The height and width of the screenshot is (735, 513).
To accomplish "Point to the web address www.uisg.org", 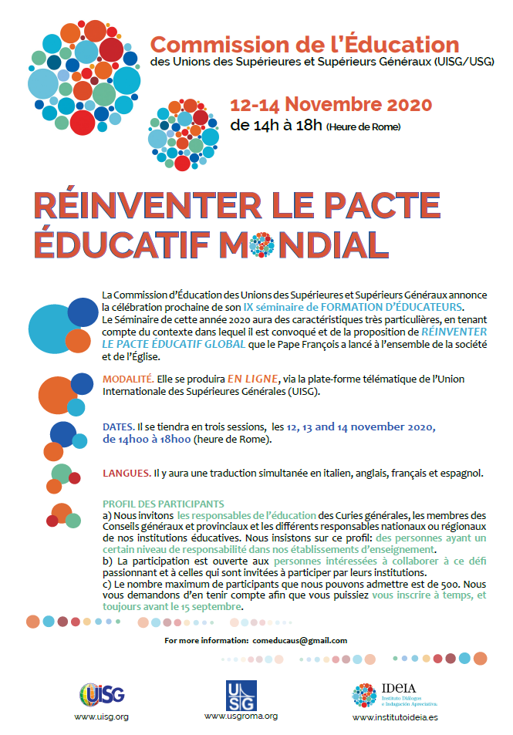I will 101,716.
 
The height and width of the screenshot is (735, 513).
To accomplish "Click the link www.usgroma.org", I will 241,716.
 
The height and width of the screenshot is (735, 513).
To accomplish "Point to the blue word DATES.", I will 118,427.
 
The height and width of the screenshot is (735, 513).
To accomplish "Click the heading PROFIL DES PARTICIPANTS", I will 163,504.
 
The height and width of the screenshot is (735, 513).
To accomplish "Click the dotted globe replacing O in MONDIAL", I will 262,244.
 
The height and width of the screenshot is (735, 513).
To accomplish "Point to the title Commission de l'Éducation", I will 305,43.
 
